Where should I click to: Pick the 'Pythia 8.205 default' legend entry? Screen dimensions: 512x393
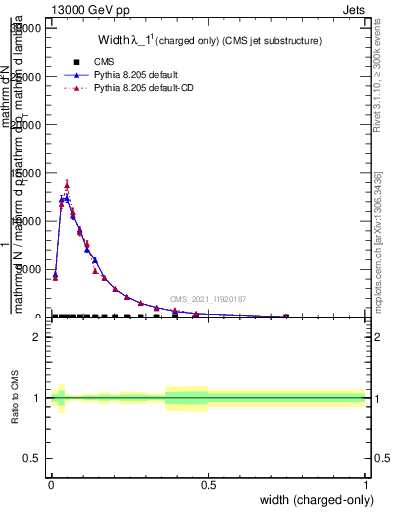140,75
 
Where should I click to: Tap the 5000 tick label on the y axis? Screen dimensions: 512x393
32,269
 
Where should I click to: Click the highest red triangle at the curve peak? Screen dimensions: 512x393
67,184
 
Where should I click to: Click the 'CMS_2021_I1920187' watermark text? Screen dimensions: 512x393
208,299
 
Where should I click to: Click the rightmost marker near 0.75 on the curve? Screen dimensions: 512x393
286,316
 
